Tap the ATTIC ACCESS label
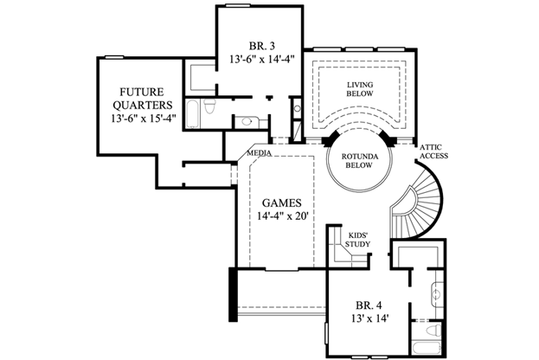433,151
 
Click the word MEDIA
259,153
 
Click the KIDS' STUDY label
358,239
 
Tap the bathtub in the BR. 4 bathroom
427,349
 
